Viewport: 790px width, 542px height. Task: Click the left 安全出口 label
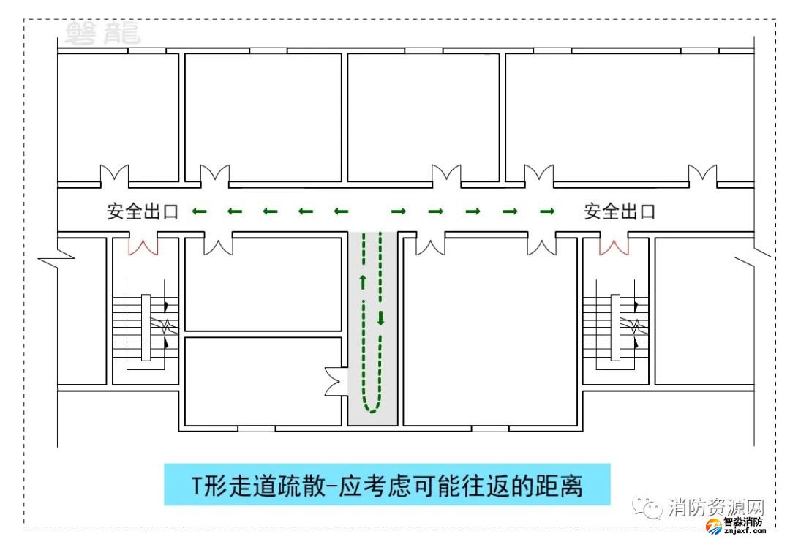point(143,212)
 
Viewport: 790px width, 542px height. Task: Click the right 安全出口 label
point(620,212)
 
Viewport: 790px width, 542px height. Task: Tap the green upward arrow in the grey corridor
point(362,280)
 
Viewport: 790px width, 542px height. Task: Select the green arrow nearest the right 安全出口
point(547,212)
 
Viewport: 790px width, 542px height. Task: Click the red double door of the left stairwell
point(143,245)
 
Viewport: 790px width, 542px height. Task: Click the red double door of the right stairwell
point(614,245)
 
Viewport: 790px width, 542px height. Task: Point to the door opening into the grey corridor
point(336,382)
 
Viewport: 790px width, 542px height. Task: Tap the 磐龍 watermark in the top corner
point(102,34)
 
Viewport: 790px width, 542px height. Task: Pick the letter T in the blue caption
point(196,485)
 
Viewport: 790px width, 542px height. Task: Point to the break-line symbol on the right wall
point(752,255)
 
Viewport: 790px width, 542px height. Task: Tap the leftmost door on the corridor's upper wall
point(114,176)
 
